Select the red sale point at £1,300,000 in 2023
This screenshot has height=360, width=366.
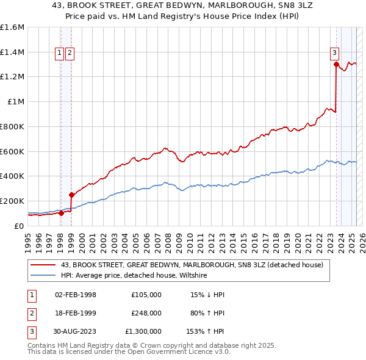336,65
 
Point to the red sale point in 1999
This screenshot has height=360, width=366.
71,195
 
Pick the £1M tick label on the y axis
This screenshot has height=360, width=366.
16,102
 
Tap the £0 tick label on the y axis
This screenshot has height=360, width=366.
20,226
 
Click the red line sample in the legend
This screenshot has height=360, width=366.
44,265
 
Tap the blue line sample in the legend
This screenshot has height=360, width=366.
44,276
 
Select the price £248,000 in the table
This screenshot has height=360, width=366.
146,313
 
